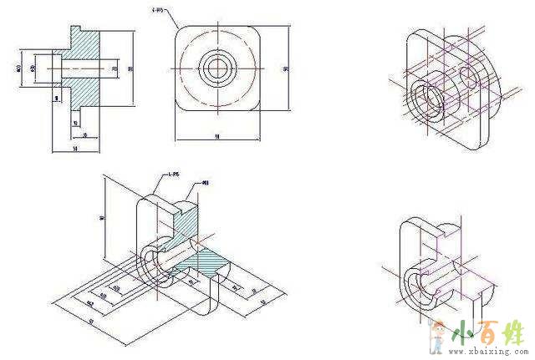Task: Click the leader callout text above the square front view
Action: pos(160,11)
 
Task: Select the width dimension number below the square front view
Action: pos(217,135)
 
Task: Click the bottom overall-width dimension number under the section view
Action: pos(76,148)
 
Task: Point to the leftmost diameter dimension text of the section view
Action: pos(18,66)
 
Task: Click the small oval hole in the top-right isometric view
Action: pos(466,78)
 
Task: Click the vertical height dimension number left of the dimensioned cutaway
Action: pos(101,219)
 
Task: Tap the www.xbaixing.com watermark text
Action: pos(488,353)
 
